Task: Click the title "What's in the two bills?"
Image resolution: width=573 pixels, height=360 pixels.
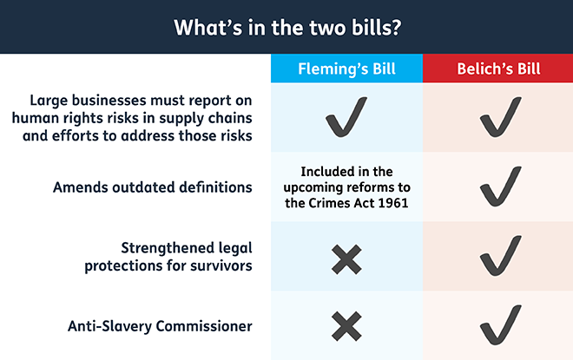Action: point(287,28)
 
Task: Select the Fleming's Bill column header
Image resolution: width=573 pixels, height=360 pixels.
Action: point(346,69)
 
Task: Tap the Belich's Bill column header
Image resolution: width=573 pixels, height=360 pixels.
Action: point(498,69)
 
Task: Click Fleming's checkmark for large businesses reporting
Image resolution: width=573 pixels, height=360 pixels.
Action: point(346,117)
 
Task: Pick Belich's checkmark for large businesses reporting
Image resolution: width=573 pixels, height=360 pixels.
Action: point(500,117)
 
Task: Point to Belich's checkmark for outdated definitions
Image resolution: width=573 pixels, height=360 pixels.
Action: point(500,187)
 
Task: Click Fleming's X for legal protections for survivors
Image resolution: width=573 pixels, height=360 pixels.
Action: point(346,259)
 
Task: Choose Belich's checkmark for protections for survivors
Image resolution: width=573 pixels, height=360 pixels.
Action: point(500,256)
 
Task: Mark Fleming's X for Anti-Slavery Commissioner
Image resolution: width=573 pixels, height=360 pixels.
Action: point(346,326)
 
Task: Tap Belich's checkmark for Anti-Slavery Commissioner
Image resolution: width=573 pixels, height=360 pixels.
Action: point(500,325)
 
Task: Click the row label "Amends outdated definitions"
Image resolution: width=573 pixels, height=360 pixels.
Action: point(153,187)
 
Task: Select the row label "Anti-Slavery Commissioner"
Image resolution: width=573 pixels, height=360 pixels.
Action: point(160,326)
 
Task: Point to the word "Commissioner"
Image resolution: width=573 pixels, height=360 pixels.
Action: point(203,326)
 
